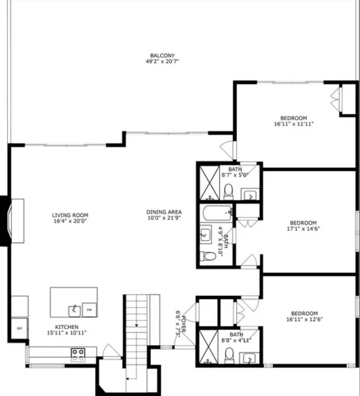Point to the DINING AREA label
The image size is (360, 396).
tap(164, 212)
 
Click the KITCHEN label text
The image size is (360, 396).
tap(67, 327)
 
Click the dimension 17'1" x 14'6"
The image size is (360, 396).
tap(303, 228)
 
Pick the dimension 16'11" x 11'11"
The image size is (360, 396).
tap(294, 124)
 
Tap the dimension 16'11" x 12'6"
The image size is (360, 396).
tap(304, 319)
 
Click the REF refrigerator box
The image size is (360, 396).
tap(19, 328)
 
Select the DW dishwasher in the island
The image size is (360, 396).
tap(89, 309)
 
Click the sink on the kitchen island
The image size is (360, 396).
tap(74, 311)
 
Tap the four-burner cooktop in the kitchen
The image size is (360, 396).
tap(78, 355)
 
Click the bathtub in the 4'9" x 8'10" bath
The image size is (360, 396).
tap(217, 213)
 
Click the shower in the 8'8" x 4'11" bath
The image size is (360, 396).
tap(208, 347)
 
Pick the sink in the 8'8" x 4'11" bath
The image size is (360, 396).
tap(249, 358)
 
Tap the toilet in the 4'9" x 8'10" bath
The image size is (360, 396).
tap(209, 256)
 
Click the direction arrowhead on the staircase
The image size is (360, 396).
tap(137, 325)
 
